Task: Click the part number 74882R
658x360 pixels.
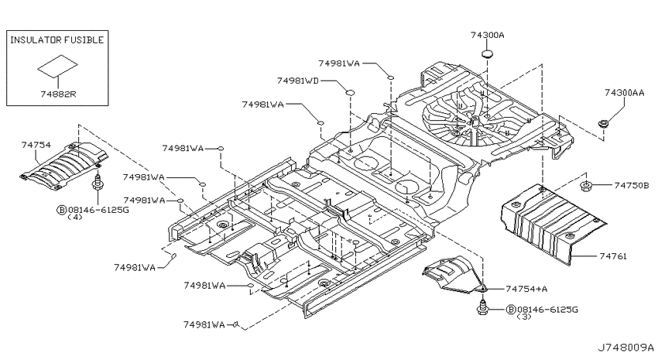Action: (x=58, y=94)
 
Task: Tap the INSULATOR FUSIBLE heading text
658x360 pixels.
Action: (x=57, y=40)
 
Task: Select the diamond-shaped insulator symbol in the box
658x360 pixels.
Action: (x=57, y=66)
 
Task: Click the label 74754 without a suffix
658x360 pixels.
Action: (x=36, y=146)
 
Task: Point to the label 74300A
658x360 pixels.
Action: (x=487, y=36)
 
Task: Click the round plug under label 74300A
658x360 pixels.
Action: (x=486, y=54)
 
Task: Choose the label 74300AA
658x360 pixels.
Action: (x=624, y=93)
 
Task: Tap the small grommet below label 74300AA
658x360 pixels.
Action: (x=604, y=123)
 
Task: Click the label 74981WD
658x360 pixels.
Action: (x=297, y=81)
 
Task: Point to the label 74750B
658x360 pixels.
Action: (x=632, y=185)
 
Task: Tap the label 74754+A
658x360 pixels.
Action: (x=526, y=289)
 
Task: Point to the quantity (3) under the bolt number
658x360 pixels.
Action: (x=524, y=317)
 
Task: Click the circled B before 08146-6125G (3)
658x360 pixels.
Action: (x=511, y=310)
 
